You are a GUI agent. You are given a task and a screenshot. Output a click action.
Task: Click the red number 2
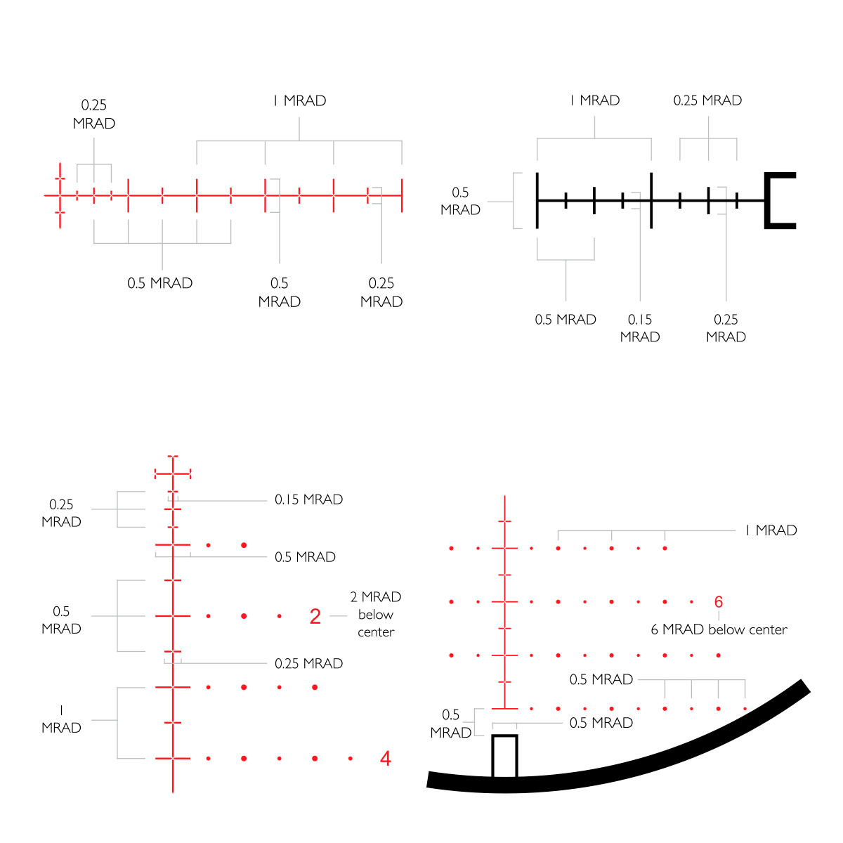click(315, 616)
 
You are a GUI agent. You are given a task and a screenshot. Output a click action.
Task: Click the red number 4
click(386, 759)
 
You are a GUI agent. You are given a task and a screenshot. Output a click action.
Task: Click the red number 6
click(719, 602)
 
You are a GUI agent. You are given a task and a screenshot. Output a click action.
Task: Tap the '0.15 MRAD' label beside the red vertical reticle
click(308, 499)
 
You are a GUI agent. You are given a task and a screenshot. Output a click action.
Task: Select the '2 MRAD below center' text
click(376, 614)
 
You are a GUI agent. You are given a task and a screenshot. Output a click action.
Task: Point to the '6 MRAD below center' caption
click(719, 629)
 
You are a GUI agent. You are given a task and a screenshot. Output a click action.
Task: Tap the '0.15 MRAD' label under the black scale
click(639, 328)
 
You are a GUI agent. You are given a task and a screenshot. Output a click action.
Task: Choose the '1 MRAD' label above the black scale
click(594, 100)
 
